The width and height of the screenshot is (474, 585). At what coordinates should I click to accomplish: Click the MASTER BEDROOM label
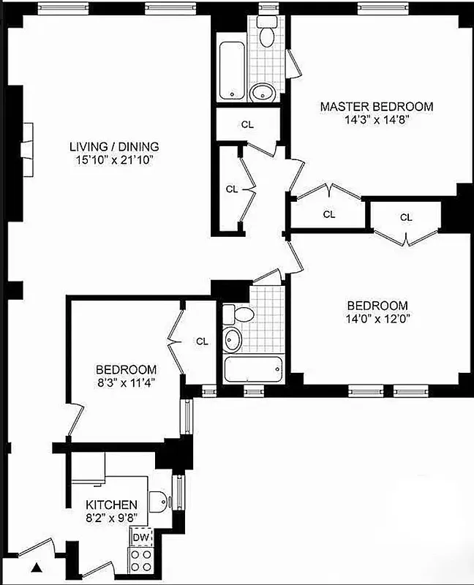(376, 107)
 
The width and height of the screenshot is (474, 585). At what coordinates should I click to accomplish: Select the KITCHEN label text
(111, 505)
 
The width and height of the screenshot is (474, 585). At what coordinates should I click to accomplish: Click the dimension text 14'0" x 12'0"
(377, 319)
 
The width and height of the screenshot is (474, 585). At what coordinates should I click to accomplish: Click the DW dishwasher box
(140, 538)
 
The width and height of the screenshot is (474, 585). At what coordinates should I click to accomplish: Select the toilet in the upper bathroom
(267, 33)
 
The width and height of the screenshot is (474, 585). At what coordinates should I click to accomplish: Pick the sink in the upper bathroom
(263, 92)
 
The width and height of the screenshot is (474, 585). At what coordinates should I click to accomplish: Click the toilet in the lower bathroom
(238, 314)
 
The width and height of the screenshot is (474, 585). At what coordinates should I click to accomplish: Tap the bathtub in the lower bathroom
(252, 369)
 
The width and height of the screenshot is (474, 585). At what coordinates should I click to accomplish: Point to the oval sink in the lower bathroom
(233, 339)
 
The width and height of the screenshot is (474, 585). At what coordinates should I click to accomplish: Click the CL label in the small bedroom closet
(202, 341)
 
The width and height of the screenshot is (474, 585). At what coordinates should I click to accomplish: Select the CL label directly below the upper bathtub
(247, 124)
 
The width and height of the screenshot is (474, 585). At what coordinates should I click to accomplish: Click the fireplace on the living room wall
(26, 140)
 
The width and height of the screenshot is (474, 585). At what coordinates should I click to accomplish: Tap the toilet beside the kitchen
(159, 501)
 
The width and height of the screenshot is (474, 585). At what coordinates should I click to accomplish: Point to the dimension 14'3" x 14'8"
(376, 120)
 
